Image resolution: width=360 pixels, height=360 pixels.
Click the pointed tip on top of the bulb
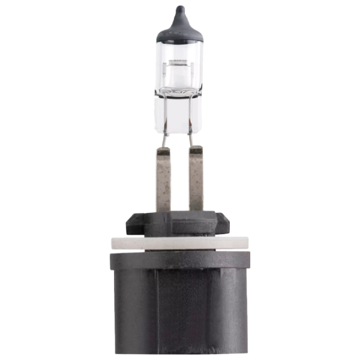tap(180, 7)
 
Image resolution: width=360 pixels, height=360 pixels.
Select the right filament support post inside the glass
tap(190, 75)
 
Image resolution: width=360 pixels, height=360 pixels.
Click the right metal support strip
tap(197, 180)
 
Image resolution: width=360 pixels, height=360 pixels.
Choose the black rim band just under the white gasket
tap(180, 259)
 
